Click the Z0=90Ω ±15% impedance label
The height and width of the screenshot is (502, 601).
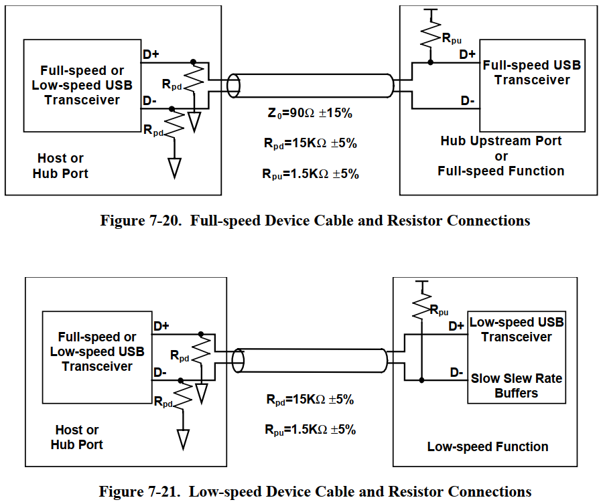coord(310,113)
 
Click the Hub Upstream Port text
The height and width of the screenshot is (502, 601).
coord(501,141)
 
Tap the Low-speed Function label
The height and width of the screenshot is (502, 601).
coord(488,446)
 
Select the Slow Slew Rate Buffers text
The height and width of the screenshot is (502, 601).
coord(517,386)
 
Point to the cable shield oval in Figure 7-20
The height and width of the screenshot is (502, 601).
coord(233,86)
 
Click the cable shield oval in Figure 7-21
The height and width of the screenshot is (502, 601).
coord(237,360)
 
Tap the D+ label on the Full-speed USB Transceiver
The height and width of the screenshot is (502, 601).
coord(467,54)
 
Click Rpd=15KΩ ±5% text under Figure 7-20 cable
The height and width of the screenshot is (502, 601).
coord(310,143)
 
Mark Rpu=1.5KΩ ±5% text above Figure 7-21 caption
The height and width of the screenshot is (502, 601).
coord(310,430)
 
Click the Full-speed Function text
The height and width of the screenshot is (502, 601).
coord(501,171)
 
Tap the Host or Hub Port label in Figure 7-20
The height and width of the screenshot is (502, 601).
coord(60,166)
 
